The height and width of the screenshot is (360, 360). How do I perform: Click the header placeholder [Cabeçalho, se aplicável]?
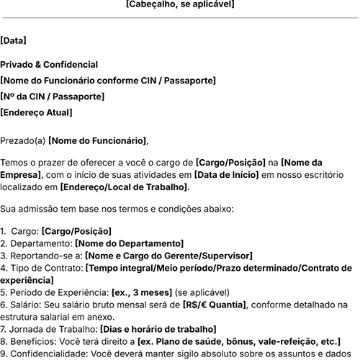pyautogui.click(x=179, y=4)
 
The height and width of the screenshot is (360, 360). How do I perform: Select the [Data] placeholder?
pyautogui.click(x=13, y=41)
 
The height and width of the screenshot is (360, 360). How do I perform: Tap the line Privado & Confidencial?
pyautogui.click(x=49, y=65)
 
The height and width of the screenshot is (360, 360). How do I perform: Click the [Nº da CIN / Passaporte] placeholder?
pyautogui.click(x=52, y=96)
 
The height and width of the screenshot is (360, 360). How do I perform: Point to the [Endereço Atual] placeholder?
pyautogui.click(x=36, y=112)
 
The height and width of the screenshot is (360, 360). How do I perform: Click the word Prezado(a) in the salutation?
pyautogui.click(x=22, y=140)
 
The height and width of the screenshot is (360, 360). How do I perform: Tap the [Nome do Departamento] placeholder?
pyautogui.click(x=129, y=244)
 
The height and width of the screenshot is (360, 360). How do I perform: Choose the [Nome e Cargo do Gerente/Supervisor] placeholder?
pyautogui.click(x=168, y=256)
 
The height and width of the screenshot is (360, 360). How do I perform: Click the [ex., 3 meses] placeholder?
pyautogui.click(x=141, y=293)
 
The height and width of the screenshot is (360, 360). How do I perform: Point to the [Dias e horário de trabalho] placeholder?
pyautogui.click(x=157, y=329)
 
